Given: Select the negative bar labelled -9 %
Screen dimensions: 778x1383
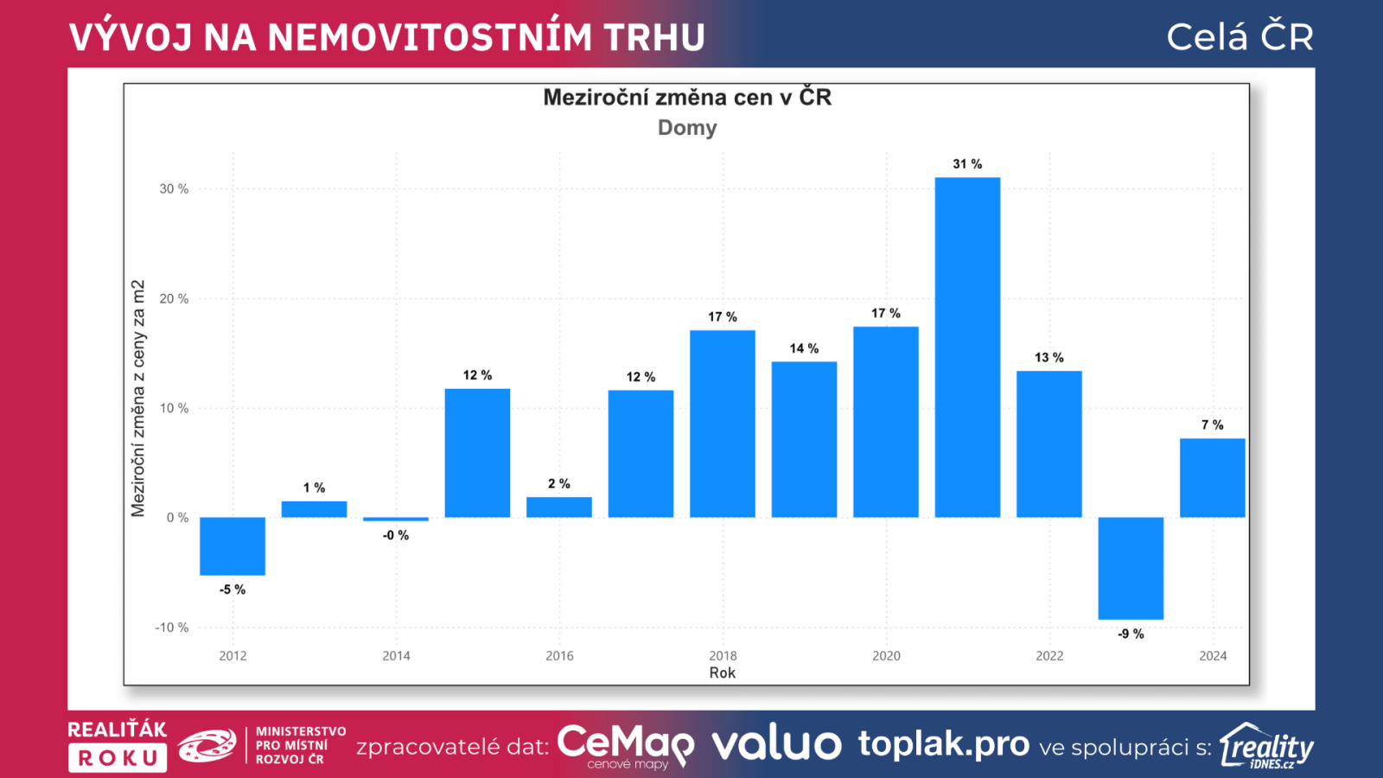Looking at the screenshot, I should tap(1131, 568).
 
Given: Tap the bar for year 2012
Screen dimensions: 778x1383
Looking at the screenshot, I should tap(233, 545).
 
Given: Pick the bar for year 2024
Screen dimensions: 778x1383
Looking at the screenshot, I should tap(1212, 478).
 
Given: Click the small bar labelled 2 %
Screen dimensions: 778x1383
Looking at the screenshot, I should tap(559, 507).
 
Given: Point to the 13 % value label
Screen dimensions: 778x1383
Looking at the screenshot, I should tap(1048, 357).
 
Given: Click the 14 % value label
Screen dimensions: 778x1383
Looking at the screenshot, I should tap(804, 348).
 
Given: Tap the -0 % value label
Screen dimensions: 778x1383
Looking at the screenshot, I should tap(396, 535).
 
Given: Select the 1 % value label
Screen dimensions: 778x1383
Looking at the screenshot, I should tap(314, 488).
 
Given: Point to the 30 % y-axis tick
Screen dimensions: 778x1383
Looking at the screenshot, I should tap(174, 188).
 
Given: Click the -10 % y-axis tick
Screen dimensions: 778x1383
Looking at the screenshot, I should tap(171, 628).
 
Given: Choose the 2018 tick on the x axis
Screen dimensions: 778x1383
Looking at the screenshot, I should tap(723, 656).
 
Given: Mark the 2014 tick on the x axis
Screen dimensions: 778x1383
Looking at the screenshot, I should tap(396, 656).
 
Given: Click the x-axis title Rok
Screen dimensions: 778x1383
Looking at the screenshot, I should tap(723, 673).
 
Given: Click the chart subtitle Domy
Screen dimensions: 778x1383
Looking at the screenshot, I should tap(687, 128).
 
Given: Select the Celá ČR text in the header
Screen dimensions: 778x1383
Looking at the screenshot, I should tap(1240, 37).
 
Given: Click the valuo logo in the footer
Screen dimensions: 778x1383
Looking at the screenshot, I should tap(776, 744).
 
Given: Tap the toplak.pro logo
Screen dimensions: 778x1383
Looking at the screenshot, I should tap(944, 743).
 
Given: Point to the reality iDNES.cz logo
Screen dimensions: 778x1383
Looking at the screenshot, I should tap(1266, 746).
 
